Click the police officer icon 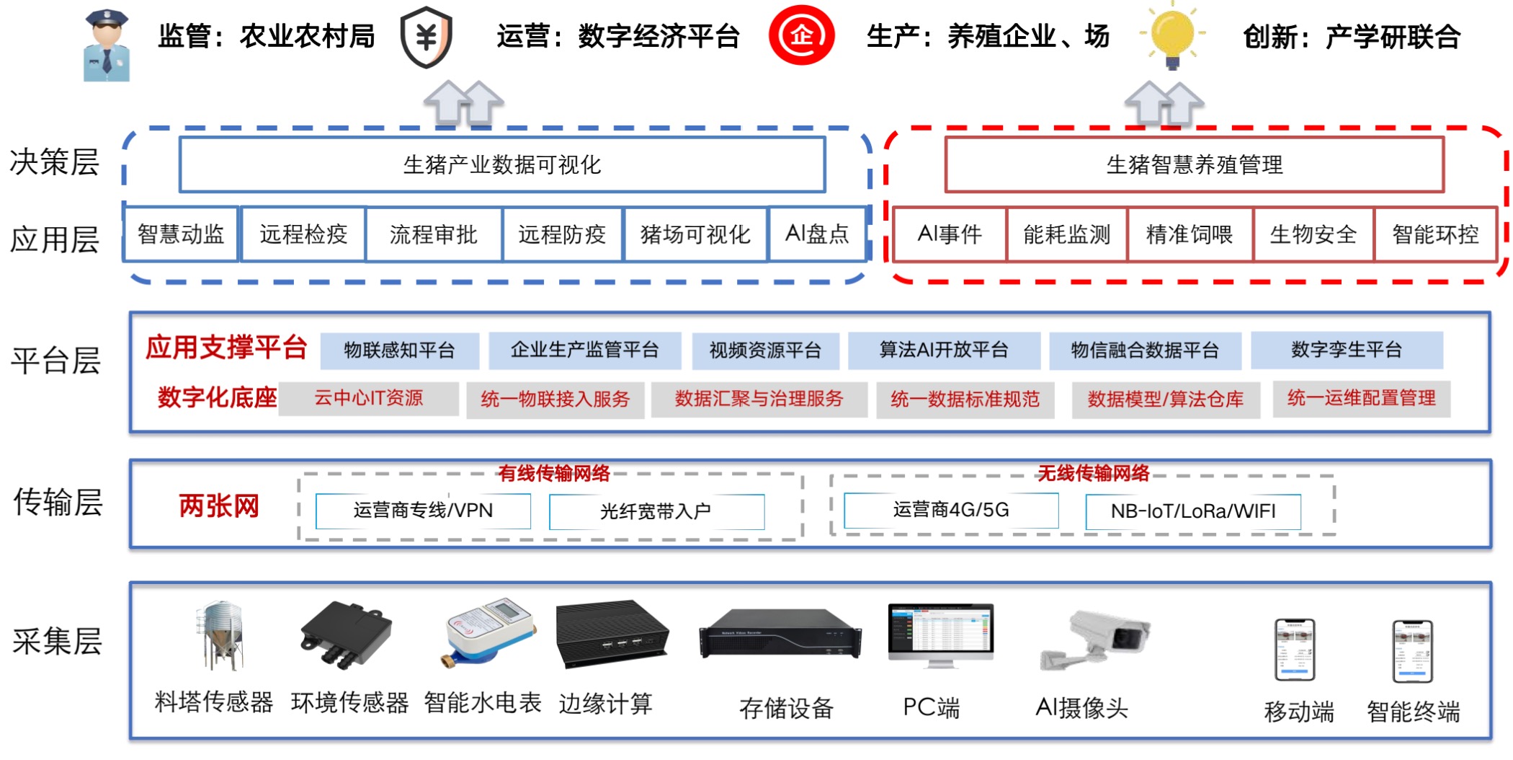107,45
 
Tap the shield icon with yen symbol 427,37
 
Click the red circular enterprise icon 801,35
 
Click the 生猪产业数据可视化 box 502,164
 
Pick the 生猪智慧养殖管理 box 1194,164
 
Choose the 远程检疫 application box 303,234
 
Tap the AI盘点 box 817,234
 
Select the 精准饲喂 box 1190,234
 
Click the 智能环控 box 1435,234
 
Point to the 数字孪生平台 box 1347,350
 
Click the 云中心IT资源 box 368,399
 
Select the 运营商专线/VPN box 423,511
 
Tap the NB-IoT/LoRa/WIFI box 1193,511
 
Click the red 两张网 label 219,506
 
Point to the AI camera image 1095,639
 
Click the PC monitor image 940,635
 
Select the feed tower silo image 219,635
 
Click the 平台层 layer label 55,361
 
